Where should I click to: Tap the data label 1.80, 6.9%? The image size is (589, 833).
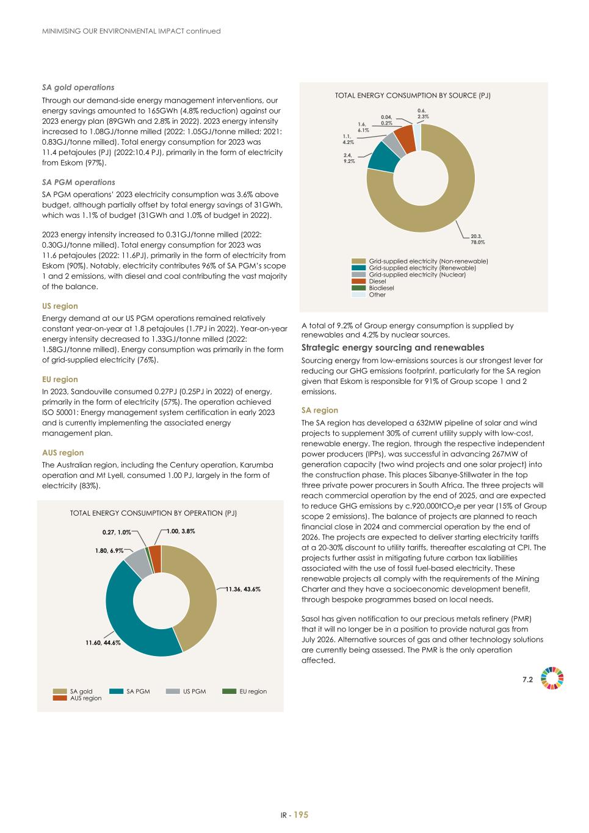click(x=109, y=550)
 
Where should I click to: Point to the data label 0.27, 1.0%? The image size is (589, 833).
click(x=117, y=532)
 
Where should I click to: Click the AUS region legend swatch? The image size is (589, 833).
click(x=60, y=698)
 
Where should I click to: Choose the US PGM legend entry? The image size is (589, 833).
click(x=194, y=691)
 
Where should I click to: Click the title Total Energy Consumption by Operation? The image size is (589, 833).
click(x=153, y=513)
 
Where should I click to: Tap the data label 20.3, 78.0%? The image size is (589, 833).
click(x=477, y=239)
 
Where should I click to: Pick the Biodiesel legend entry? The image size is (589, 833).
click(x=381, y=288)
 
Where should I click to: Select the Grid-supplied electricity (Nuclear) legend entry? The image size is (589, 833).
click(x=417, y=275)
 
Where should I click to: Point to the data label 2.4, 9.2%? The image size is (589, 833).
click(x=350, y=159)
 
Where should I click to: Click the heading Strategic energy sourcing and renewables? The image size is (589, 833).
click(x=392, y=348)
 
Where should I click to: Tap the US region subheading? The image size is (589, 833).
click(x=60, y=306)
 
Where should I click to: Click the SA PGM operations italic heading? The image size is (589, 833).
click(x=78, y=182)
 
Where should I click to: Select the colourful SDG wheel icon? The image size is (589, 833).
click(x=553, y=679)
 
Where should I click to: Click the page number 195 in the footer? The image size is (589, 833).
click(x=302, y=815)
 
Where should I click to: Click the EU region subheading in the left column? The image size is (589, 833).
click(x=60, y=379)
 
